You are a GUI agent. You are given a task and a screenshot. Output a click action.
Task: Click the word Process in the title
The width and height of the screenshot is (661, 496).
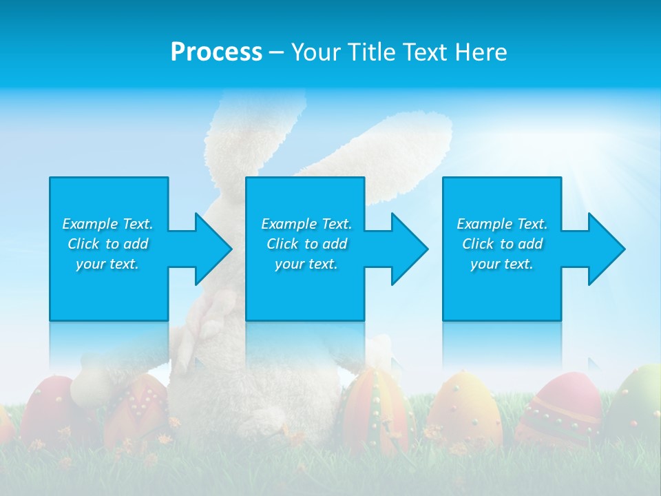click(x=216, y=52)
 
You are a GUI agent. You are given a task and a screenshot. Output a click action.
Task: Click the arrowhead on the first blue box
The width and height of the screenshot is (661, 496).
click(x=211, y=249)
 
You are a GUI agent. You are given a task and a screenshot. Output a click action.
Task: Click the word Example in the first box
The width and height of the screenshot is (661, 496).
click(x=90, y=224)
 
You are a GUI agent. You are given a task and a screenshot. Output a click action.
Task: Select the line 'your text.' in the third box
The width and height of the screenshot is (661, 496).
click(x=501, y=264)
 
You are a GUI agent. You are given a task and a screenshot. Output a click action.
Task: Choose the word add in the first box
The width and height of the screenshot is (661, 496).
click(x=136, y=244)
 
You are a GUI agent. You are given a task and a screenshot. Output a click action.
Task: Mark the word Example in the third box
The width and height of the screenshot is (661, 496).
click(x=485, y=224)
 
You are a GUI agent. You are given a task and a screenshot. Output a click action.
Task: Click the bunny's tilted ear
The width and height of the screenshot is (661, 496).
click(x=386, y=148)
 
